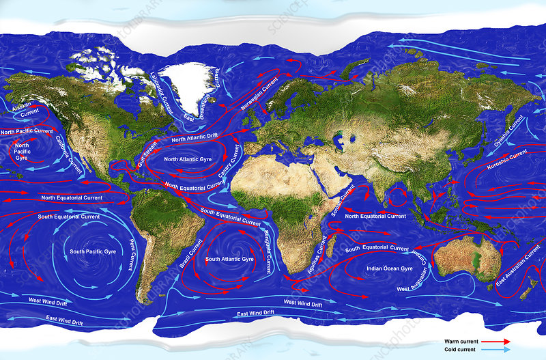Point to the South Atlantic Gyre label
pyautogui.click(x=229, y=260)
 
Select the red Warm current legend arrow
pyautogui.click(x=493, y=340)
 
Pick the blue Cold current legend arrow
pyautogui.click(x=493, y=348)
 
